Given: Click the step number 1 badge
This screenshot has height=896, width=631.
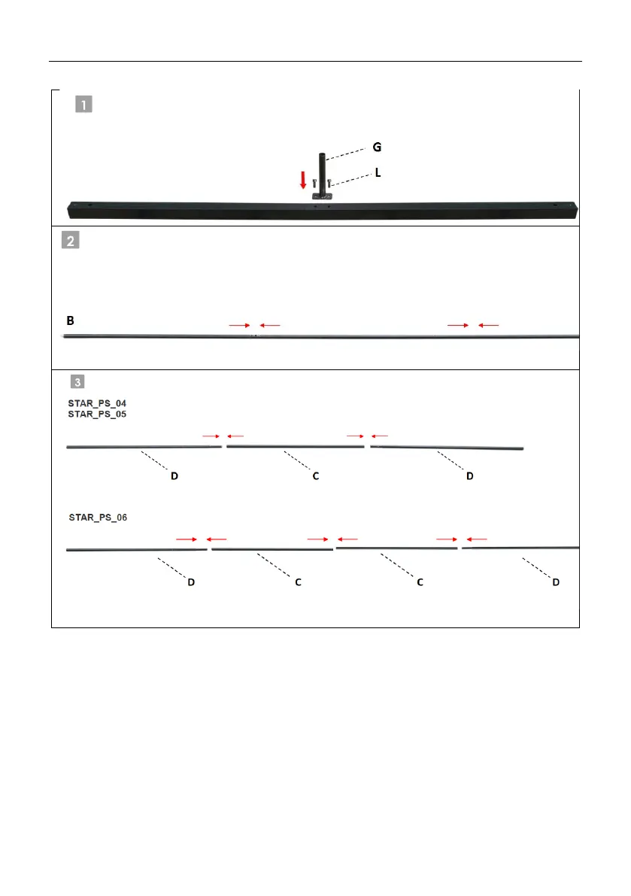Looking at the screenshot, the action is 84,105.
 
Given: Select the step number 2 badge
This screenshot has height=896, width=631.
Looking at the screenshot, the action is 70,240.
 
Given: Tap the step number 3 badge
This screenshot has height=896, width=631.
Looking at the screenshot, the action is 77,381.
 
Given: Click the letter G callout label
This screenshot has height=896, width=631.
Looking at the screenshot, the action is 377,147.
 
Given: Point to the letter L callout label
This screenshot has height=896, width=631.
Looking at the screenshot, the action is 378,172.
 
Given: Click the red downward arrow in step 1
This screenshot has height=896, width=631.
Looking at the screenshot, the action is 303,180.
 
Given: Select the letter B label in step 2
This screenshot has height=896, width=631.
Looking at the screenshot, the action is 70,320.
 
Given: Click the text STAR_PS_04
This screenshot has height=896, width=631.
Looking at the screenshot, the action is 97,403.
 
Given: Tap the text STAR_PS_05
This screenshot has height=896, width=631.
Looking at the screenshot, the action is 97,415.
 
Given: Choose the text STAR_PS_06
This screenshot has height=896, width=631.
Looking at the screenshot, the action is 98,518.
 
